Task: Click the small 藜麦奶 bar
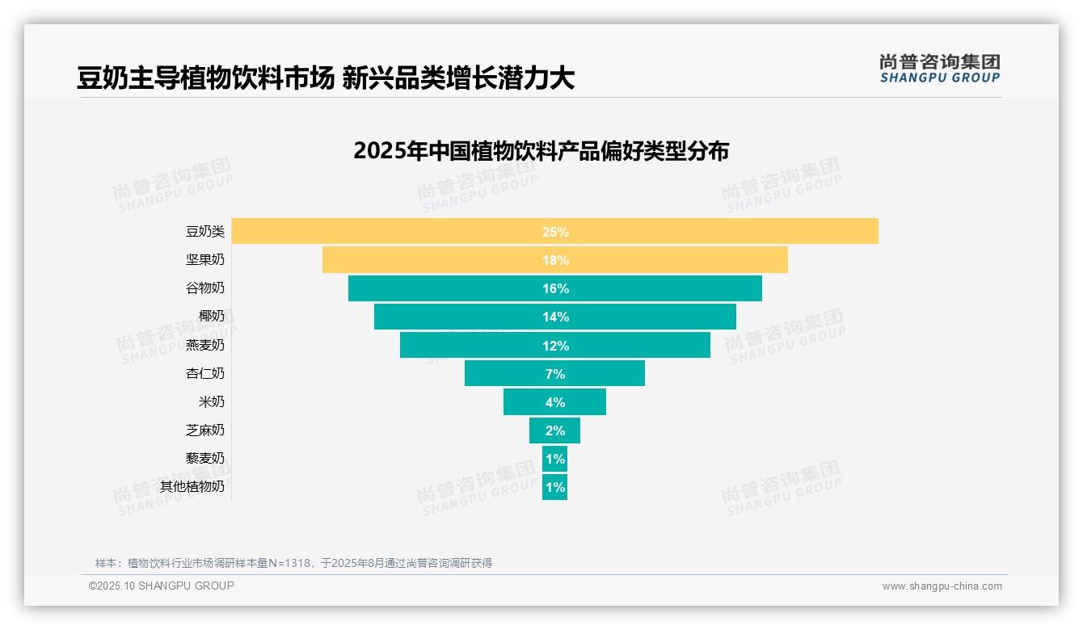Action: tap(554, 459)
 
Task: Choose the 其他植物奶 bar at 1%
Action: tap(554, 487)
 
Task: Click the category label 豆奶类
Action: tap(205, 232)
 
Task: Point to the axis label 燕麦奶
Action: tap(205, 345)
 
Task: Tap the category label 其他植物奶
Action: tap(192, 487)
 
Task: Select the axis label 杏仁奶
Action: tap(205, 373)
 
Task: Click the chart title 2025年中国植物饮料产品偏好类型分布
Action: tap(541, 151)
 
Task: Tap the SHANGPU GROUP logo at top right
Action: tap(939, 69)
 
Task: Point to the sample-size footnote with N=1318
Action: tap(293, 563)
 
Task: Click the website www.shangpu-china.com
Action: tap(942, 586)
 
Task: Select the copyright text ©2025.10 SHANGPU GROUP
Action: tap(162, 586)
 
